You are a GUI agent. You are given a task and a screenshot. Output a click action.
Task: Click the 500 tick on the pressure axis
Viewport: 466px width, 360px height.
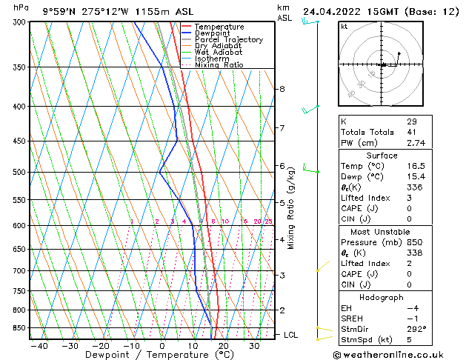pyautogui.click(x=20, y=173)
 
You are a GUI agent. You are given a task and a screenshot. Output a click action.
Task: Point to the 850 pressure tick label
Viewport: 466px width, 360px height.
pyautogui.click(x=20, y=327)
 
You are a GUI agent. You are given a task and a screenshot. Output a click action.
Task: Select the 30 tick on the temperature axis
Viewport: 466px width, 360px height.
pyautogui.click(x=254, y=345)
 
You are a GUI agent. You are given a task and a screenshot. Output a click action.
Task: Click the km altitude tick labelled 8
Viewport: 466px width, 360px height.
pyautogui.click(x=282, y=89)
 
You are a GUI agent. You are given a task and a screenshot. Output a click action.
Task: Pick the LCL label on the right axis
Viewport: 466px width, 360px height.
pyautogui.click(x=291, y=335)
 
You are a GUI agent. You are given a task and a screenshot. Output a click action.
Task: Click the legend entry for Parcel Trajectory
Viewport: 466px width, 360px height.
pyautogui.click(x=228, y=40)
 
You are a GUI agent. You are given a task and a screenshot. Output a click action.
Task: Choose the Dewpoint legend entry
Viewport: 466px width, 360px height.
pyautogui.click(x=215, y=33)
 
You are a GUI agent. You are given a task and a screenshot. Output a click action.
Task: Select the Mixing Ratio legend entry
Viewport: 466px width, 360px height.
pyautogui.click(x=219, y=65)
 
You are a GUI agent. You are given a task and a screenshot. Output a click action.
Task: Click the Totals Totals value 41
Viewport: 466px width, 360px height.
pyautogui.click(x=411, y=132)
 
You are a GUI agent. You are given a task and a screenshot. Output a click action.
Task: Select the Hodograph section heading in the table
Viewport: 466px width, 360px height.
pyautogui.click(x=382, y=297)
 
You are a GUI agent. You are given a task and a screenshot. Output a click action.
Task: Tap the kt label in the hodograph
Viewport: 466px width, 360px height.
pyautogui.click(x=344, y=26)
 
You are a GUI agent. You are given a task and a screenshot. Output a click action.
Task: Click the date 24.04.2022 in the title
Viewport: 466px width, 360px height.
pyautogui.click(x=332, y=12)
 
